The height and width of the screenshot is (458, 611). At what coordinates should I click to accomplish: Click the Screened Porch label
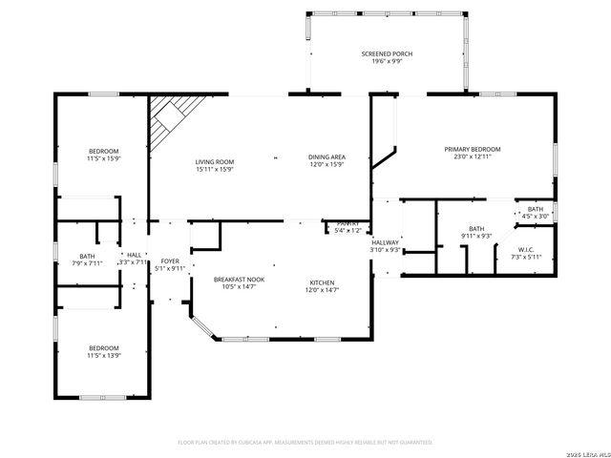387,53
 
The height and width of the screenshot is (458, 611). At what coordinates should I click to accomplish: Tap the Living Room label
214,162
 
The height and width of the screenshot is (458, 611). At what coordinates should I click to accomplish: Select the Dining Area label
326,156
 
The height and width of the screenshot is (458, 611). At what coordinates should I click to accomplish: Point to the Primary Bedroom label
472,149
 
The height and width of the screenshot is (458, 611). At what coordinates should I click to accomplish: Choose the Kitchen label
321,282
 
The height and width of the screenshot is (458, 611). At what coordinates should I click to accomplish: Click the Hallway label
385,242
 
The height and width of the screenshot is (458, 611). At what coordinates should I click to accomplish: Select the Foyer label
170,260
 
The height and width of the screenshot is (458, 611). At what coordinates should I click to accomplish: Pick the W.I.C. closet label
526,250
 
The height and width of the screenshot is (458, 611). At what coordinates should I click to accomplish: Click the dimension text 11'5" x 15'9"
103,158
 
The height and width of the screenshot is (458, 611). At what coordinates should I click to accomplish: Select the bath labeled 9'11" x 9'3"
475,235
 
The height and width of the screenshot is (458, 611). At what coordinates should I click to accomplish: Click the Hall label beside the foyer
134,255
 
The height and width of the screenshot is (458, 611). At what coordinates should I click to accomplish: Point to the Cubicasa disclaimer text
305,443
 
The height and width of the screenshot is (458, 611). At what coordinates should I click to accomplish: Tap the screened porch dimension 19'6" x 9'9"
387,61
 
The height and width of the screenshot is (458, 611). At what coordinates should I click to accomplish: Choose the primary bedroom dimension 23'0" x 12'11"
472,156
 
